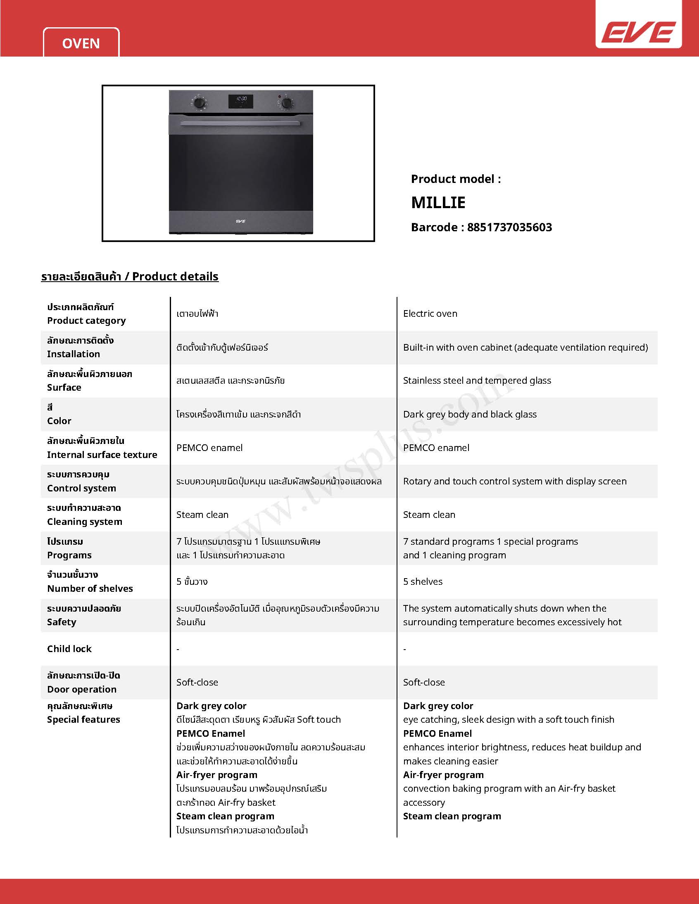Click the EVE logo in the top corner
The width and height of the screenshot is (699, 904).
pyautogui.click(x=638, y=32)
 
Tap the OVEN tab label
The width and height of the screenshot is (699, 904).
pyautogui.click(x=81, y=43)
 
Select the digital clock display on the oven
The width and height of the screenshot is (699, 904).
pyautogui.click(x=241, y=102)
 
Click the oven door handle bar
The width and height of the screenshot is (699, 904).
pyautogui.click(x=240, y=123)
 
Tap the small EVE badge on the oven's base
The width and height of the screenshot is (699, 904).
pyautogui.click(x=240, y=221)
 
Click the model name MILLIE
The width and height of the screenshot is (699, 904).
pyautogui.click(x=438, y=202)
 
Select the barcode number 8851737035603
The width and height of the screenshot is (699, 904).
pyautogui.click(x=509, y=227)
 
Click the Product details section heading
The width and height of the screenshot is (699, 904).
pyautogui.click(x=130, y=277)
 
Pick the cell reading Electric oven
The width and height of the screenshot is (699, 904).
pyautogui.click(x=430, y=314)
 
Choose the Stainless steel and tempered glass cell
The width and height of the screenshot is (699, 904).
pyautogui.click(x=477, y=380)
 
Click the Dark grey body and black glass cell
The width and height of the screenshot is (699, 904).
pyautogui.click(x=470, y=414)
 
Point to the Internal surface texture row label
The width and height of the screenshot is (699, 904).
pyautogui.click(x=102, y=455)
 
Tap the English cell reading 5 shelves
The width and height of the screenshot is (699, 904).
pyautogui.click(x=422, y=581)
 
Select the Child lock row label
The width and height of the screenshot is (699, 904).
pyautogui.click(x=69, y=649)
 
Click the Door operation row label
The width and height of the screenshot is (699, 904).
pyautogui.click(x=81, y=689)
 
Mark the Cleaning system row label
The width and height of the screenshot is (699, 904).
pyautogui.click(x=84, y=522)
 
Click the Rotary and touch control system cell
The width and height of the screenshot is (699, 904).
pyautogui.click(x=514, y=482)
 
